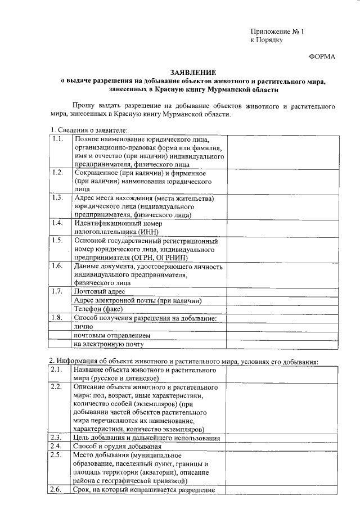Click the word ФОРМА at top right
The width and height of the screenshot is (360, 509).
point(322,57)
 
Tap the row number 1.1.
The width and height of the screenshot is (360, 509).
point(57,139)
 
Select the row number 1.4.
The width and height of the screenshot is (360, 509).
point(57,223)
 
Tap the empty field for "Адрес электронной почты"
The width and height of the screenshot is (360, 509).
point(282,300)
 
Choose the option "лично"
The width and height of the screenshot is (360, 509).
point(82,326)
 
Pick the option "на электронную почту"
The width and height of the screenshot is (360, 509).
point(109,344)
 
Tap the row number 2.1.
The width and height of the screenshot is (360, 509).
point(56,370)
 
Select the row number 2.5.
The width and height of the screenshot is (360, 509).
point(56,454)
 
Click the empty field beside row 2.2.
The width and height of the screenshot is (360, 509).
point(282,408)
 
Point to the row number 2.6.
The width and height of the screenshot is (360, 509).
point(56,490)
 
